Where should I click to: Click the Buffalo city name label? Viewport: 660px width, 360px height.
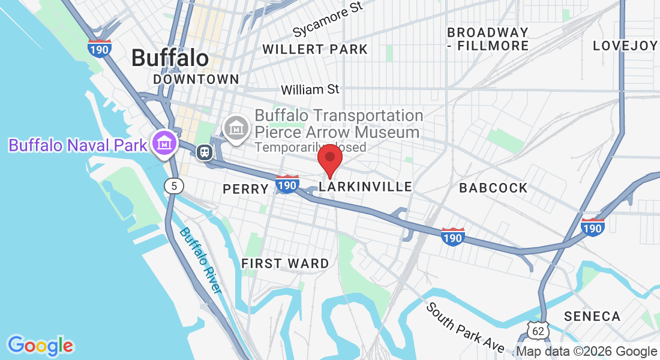170,58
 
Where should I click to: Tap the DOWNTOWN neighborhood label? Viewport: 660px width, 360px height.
196,79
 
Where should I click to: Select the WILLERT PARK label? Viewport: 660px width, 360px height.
315,49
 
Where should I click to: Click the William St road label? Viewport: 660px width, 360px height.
310,90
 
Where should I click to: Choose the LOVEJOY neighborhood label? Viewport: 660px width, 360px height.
625,46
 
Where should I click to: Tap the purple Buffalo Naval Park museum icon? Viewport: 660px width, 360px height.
163,143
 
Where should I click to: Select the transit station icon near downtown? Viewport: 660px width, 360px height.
205,152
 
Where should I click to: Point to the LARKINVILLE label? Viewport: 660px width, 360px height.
365,187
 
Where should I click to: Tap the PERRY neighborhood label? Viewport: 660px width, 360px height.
245,189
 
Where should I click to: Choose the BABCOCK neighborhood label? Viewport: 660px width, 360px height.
493,188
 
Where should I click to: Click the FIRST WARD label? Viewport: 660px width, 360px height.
285,263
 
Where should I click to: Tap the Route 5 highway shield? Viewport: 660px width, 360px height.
173,186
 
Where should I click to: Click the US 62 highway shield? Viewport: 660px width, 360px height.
538,330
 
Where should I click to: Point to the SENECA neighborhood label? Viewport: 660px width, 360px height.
592,316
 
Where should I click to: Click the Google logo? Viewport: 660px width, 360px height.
41,346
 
